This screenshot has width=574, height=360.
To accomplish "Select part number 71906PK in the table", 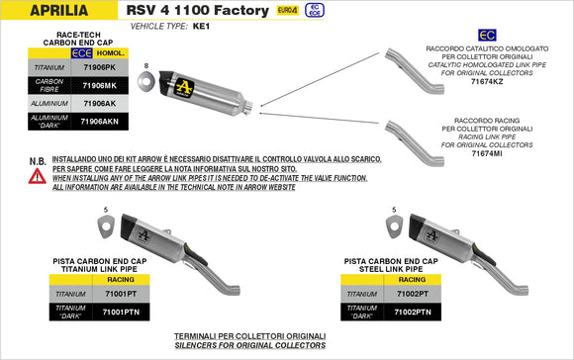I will tap(99, 67).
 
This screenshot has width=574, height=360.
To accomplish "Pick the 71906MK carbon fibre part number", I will tap(99, 85).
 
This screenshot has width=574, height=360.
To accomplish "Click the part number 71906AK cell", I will tap(99, 103).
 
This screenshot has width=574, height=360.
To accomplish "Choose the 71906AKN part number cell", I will tap(99, 121).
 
